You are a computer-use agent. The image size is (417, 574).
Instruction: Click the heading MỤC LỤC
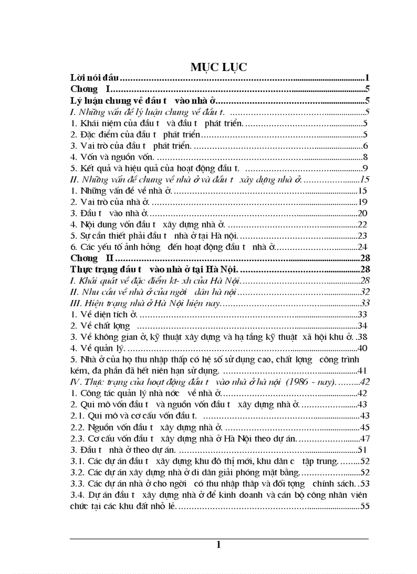[x=219, y=67]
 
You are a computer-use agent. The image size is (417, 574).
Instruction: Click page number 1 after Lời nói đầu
[x=367, y=78]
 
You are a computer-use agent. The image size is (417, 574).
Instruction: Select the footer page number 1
[x=219, y=544]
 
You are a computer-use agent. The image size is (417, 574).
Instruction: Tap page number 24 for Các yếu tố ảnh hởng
[x=363, y=247]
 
